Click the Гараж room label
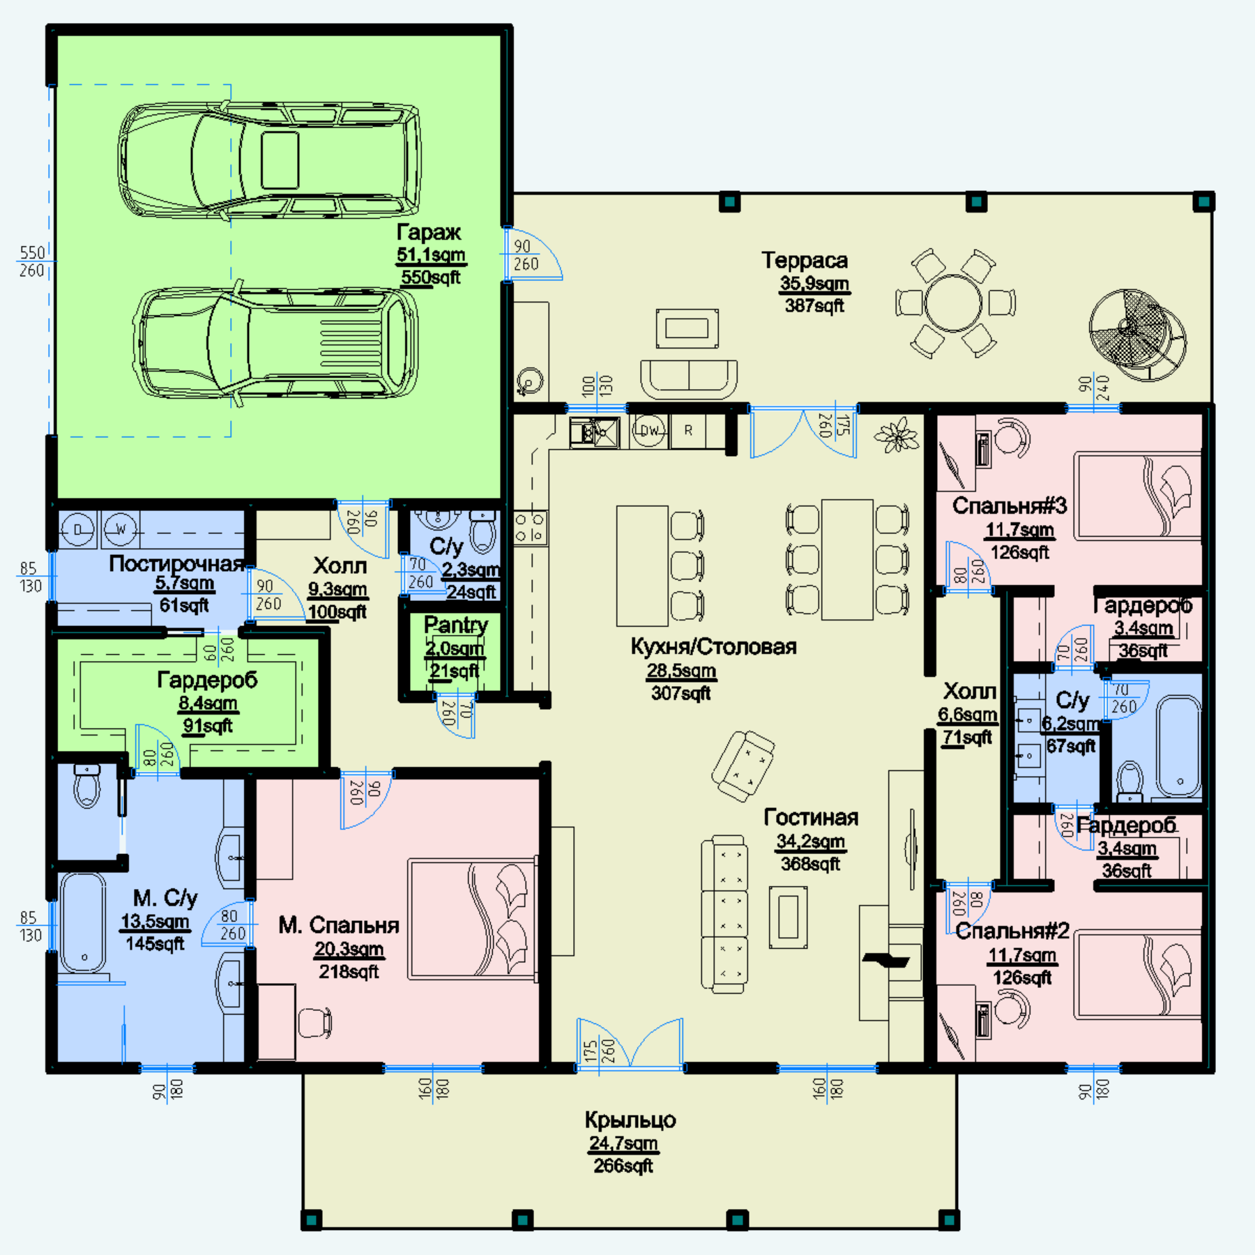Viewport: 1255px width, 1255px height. tap(429, 232)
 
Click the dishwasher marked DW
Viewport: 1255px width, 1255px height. tap(649, 431)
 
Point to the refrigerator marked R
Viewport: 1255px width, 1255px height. tap(688, 431)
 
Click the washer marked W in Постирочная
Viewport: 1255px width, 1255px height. tap(121, 530)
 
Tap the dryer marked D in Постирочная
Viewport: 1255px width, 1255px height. tap(77, 530)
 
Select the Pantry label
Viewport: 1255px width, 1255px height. tap(456, 625)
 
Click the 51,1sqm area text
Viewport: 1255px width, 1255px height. tap(431, 255)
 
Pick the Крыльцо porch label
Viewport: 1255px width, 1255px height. tap(630, 1120)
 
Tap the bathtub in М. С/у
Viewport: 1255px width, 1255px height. tap(83, 923)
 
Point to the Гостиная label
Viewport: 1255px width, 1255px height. tap(811, 817)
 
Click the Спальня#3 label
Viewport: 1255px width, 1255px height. tap(1010, 505)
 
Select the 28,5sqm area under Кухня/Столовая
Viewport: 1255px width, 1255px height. tap(681, 671)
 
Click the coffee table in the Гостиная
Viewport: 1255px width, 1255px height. tap(789, 918)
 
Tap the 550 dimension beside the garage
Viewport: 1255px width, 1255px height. tap(32, 252)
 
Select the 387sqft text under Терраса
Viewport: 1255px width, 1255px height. tap(814, 305)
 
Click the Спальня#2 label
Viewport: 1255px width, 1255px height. tap(1012, 931)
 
